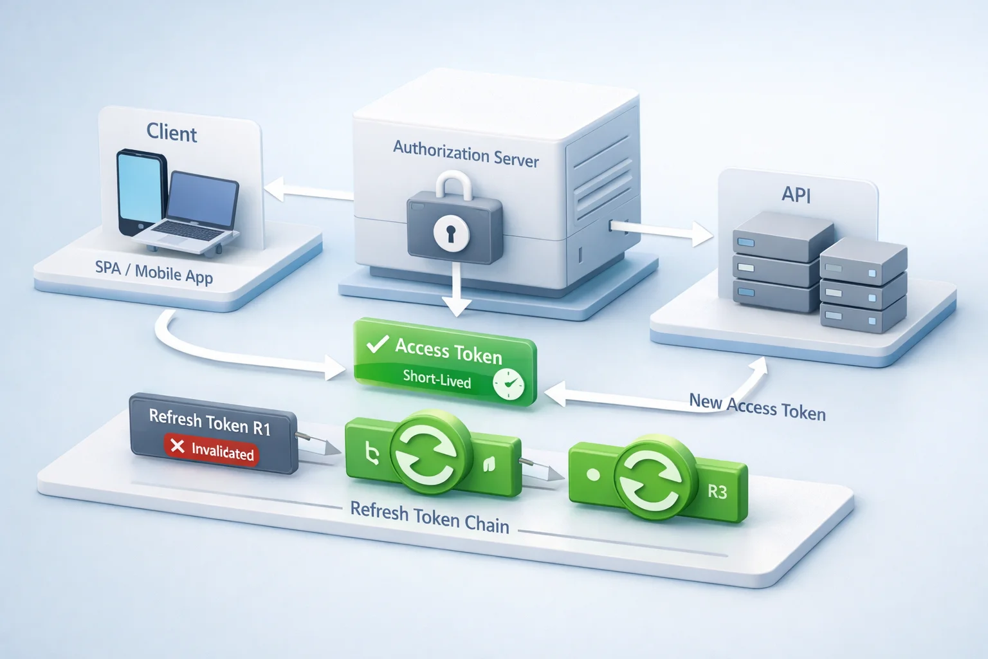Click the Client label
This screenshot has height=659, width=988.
click(x=171, y=133)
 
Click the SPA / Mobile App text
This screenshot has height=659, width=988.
click(x=154, y=272)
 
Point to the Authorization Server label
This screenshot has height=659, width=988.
click(x=466, y=154)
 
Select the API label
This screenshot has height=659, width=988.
click(x=796, y=194)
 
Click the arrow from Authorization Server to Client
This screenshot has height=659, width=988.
click(x=309, y=191)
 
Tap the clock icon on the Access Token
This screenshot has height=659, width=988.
click(x=509, y=384)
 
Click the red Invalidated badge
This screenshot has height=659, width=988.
click(x=211, y=449)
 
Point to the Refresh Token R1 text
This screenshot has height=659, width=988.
click(x=210, y=422)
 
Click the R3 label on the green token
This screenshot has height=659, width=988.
click(x=717, y=492)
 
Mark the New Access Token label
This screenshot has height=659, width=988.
click(x=757, y=407)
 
